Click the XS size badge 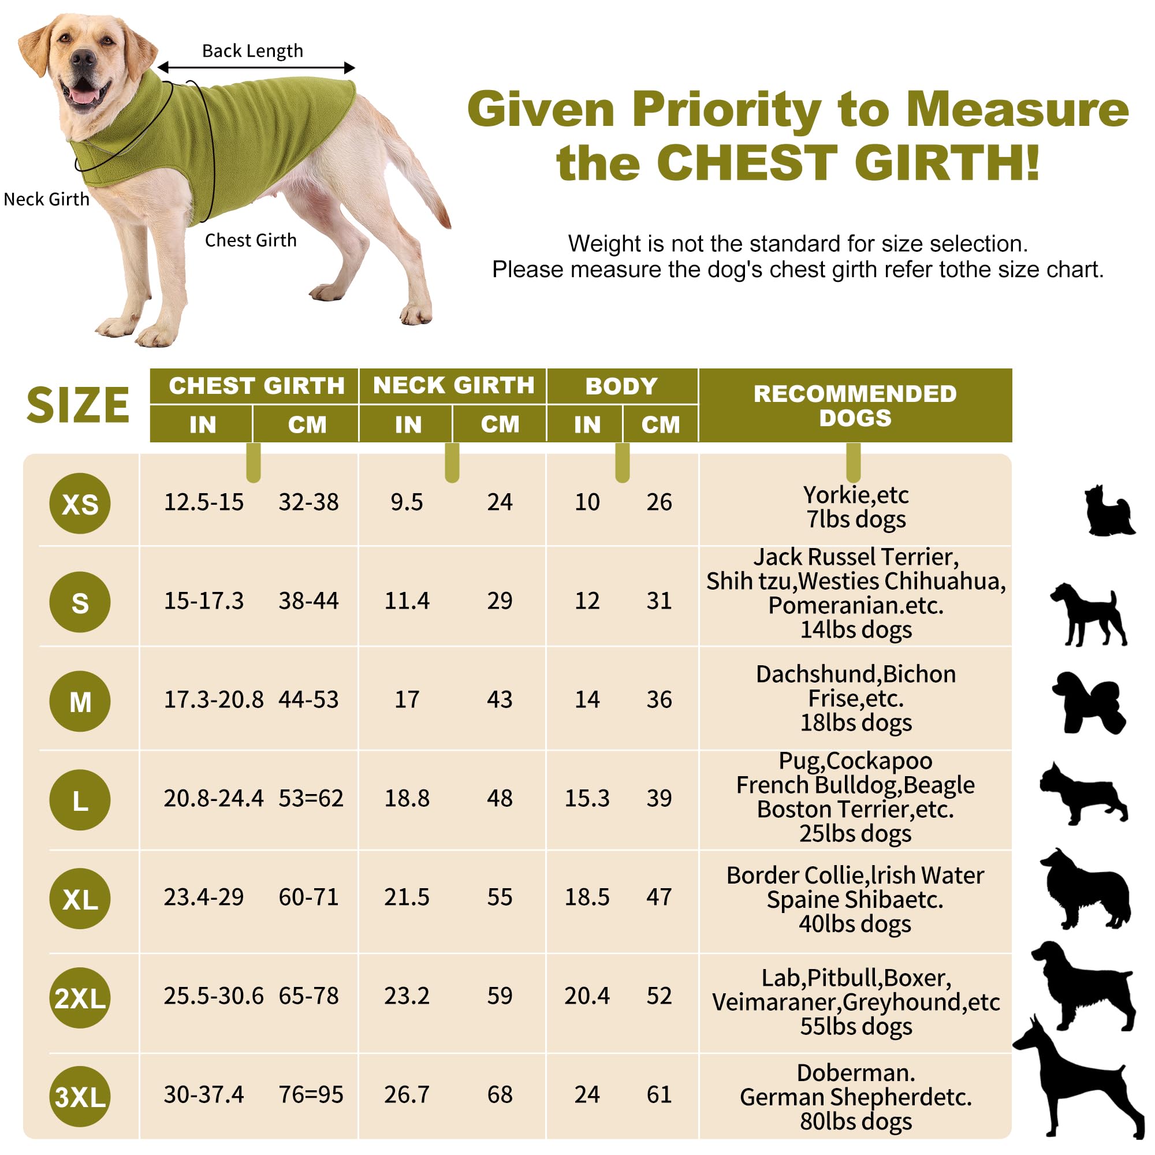[x=80, y=504]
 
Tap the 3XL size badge [x=80, y=1097]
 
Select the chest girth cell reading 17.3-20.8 [x=214, y=699]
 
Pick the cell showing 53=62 [x=311, y=798]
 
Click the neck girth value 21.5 [x=407, y=897]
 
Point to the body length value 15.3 [x=587, y=798]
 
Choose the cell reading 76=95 [x=311, y=1094]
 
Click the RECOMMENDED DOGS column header [x=855, y=405]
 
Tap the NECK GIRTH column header [x=453, y=386]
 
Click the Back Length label [x=252, y=51]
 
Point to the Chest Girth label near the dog [x=251, y=240]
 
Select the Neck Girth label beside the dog [x=47, y=199]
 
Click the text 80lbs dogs [x=855, y=1122]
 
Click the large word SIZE [x=79, y=405]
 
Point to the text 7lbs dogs [x=855, y=520]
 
